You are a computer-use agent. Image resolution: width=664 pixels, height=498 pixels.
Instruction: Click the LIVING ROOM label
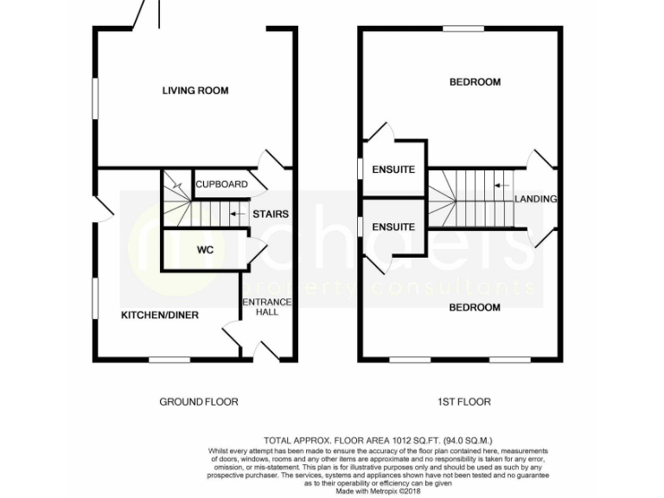(195, 90)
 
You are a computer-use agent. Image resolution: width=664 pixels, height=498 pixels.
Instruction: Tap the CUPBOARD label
(221, 184)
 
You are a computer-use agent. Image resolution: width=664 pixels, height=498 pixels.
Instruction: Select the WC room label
(205, 250)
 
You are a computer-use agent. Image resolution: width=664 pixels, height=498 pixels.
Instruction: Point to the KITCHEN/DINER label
(159, 315)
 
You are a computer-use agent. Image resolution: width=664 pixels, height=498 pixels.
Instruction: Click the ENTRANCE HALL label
(266, 306)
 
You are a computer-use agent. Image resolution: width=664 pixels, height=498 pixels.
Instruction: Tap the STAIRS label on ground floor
(270, 214)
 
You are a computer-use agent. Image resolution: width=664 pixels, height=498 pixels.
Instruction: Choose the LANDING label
(535, 199)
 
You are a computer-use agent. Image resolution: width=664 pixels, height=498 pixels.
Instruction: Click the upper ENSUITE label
(393, 169)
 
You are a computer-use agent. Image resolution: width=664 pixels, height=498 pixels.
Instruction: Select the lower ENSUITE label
(393, 227)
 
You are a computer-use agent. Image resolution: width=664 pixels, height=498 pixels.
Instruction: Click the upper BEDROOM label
(475, 82)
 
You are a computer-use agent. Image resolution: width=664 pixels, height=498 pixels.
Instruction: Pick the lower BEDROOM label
(475, 307)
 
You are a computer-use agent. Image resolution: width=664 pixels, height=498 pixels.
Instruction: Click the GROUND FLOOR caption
(199, 401)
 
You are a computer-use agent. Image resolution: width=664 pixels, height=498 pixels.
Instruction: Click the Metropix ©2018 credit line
(378, 492)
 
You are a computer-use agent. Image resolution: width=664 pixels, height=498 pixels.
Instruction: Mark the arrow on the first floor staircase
(499, 184)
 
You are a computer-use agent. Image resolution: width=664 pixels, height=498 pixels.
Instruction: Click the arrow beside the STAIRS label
(235, 214)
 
